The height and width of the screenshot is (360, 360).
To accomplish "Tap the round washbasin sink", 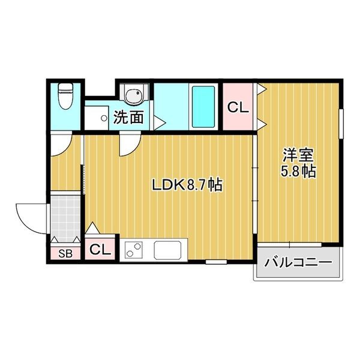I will [x=133, y=95].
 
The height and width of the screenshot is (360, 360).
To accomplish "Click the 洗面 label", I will [x=129, y=117].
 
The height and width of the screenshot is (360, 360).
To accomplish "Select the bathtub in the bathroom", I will [x=203, y=106].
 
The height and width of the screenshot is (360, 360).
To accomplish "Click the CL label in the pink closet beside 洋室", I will [x=237, y=109].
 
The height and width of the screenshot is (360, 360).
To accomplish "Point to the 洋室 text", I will [x=298, y=155].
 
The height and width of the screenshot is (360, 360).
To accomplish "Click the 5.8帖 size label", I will [x=298, y=171].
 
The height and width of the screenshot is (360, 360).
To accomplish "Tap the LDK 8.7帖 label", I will [x=187, y=185].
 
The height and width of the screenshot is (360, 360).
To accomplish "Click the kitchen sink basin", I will [x=170, y=250].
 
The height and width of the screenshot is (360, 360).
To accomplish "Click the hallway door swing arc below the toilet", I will [x=61, y=144].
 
